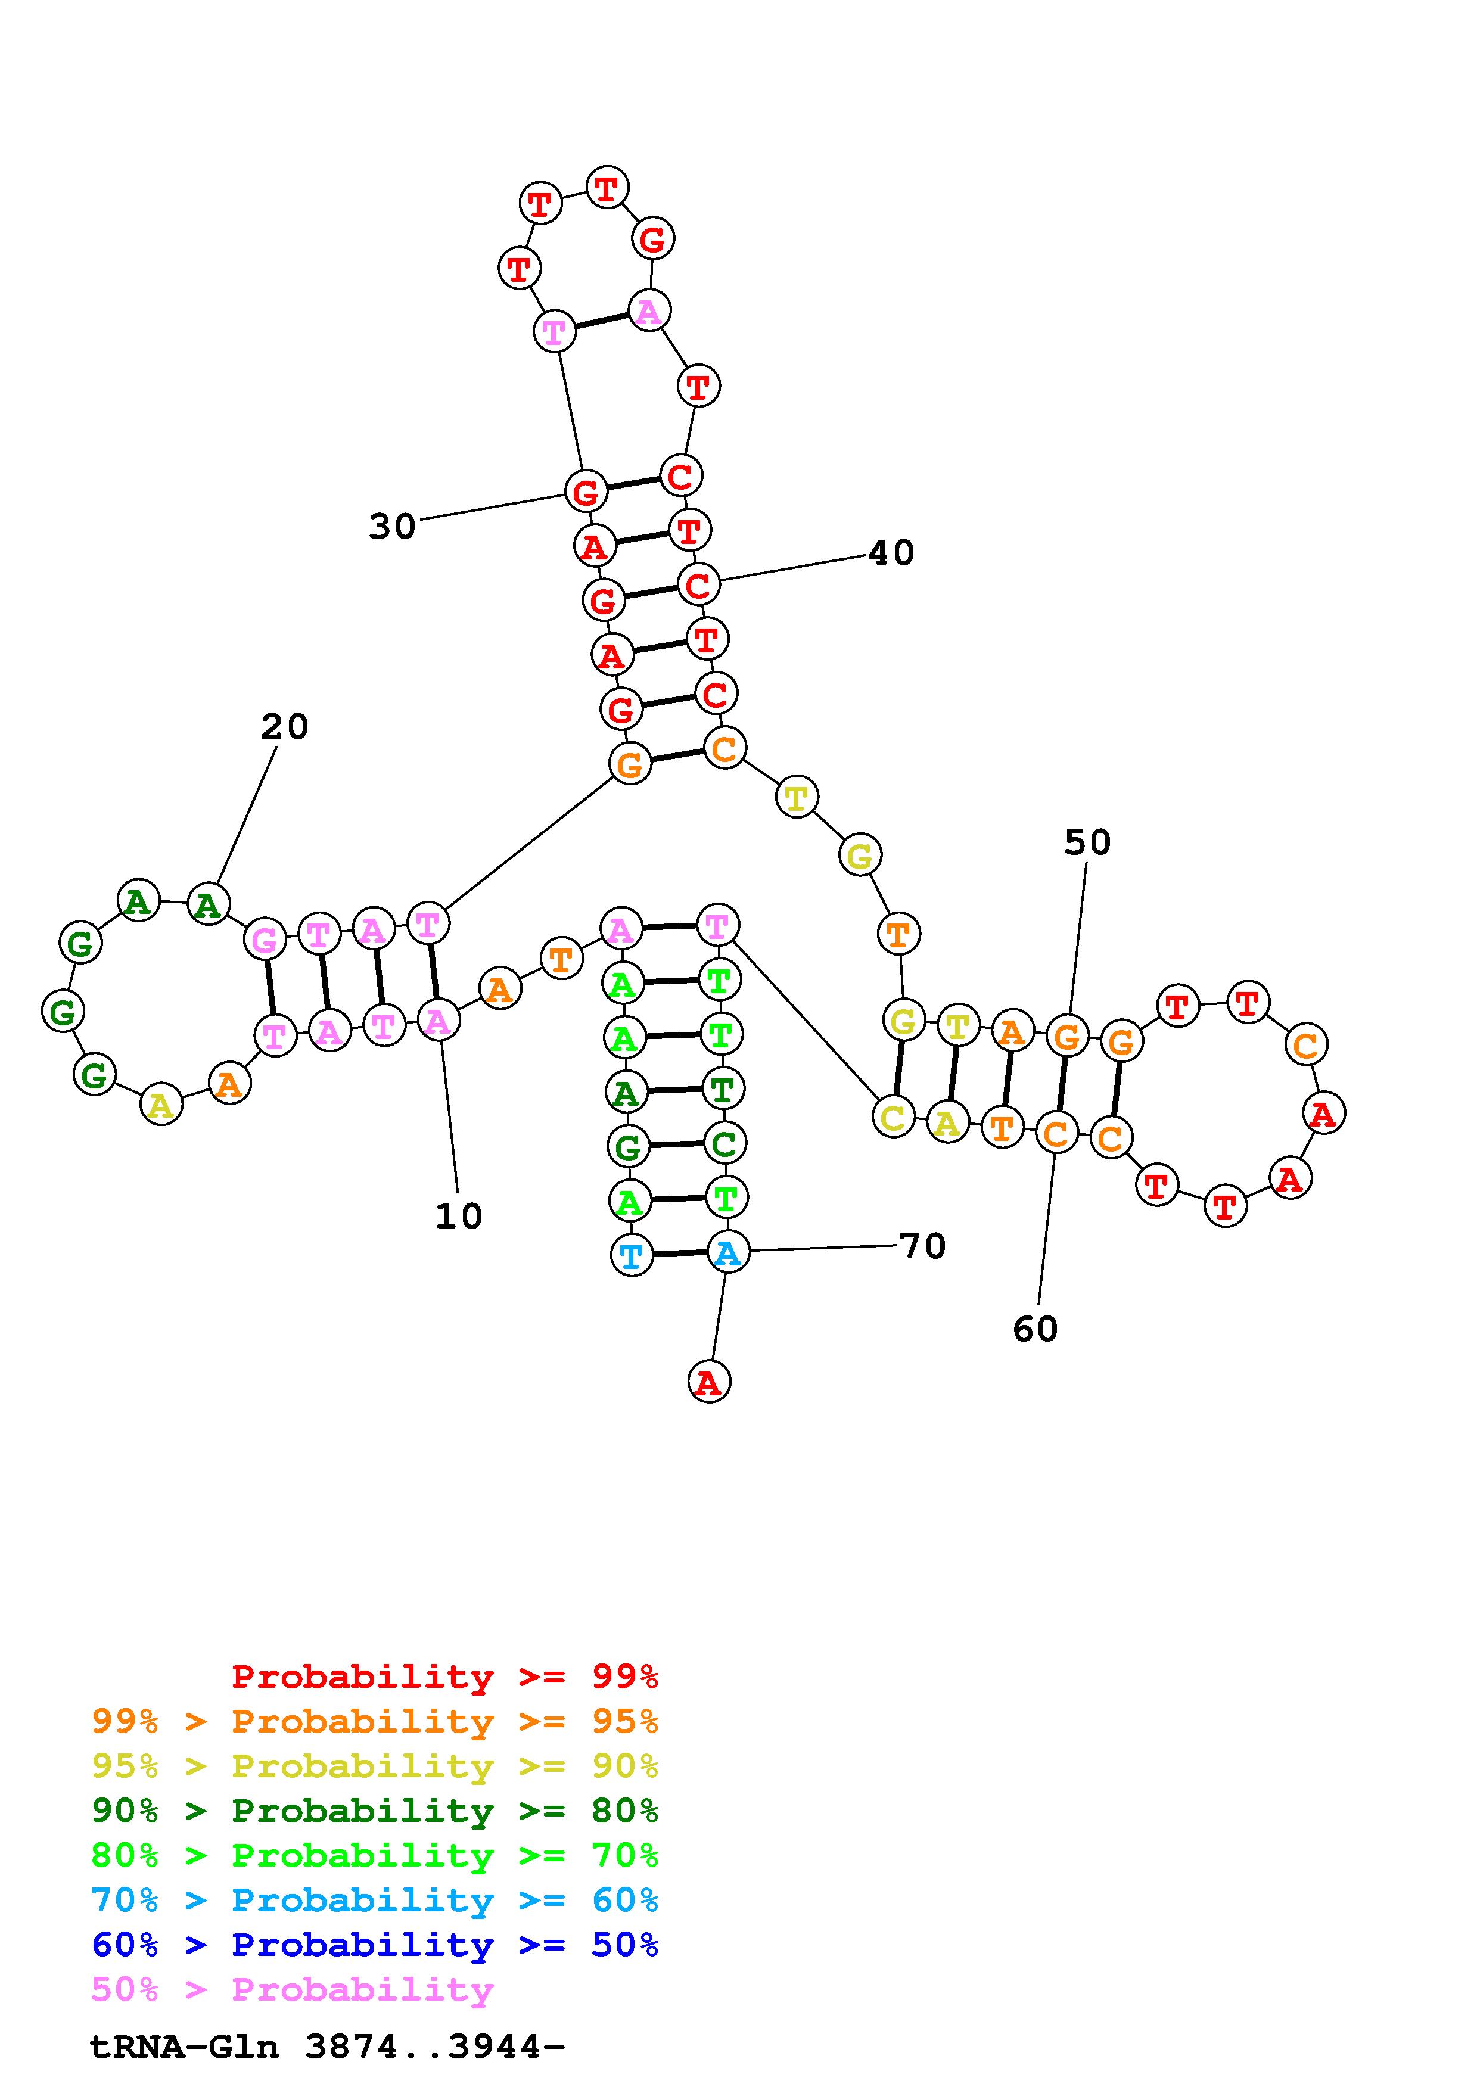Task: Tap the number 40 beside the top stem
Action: click(x=891, y=552)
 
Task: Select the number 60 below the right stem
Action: click(x=1036, y=1329)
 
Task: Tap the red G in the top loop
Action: click(x=652, y=240)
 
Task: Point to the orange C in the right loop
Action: click(x=1306, y=1045)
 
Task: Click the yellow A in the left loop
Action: click(x=161, y=1105)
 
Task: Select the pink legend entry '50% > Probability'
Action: click(x=292, y=1990)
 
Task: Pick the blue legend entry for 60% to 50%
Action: click(x=375, y=1945)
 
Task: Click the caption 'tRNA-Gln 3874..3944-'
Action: click(x=328, y=2047)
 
